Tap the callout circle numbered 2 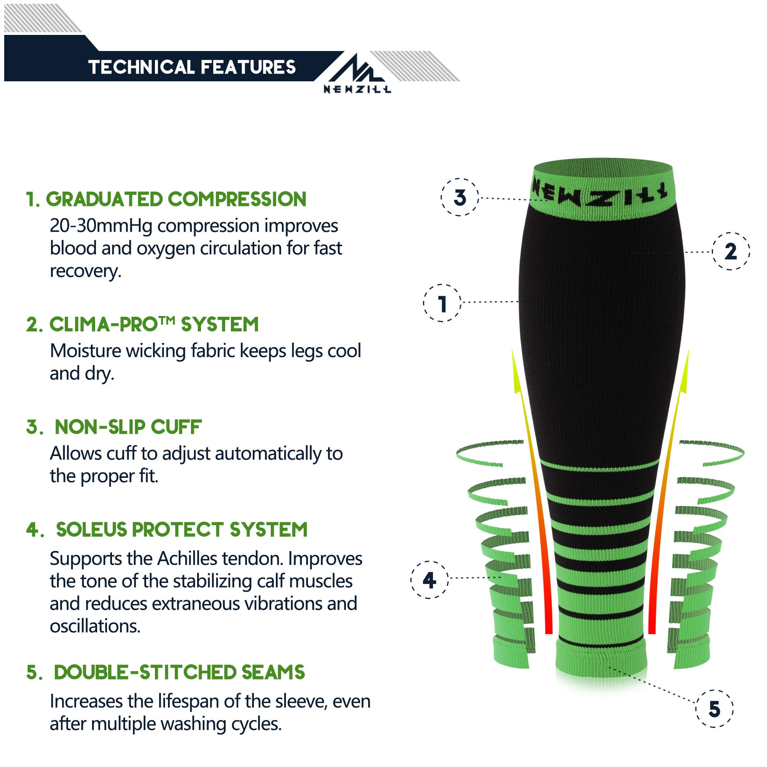click(x=731, y=251)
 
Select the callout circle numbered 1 click(x=442, y=303)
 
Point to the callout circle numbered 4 click(x=429, y=579)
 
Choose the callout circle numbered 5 click(x=714, y=709)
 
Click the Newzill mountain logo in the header click(x=357, y=74)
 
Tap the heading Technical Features click(x=192, y=67)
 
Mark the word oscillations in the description click(x=95, y=627)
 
